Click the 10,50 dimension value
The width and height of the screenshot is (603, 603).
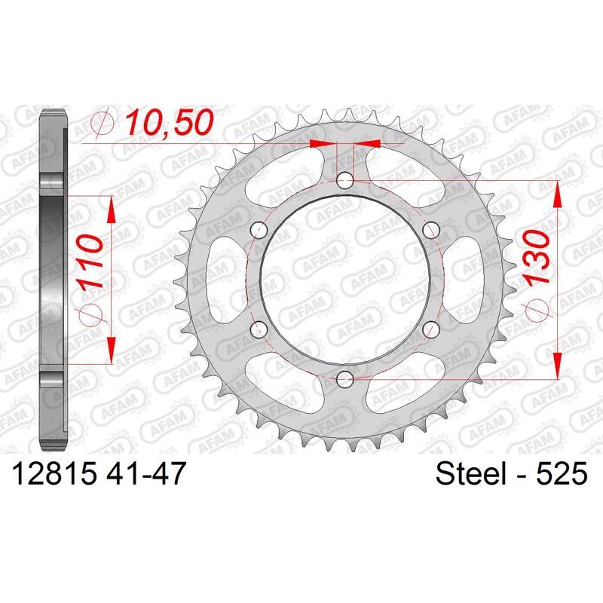[x=170, y=122]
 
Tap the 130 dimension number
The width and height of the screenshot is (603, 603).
[x=537, y=258]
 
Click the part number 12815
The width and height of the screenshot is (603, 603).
[x=54, y=473]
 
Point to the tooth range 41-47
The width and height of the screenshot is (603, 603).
[x=145, y=473]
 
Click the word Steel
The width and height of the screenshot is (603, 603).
[x=470, y=473]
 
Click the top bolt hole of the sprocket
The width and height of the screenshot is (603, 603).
[x=345, y=180]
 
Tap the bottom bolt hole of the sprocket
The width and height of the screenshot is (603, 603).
[x=345, y=380]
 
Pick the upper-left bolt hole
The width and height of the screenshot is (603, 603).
[x=259, y=230]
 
